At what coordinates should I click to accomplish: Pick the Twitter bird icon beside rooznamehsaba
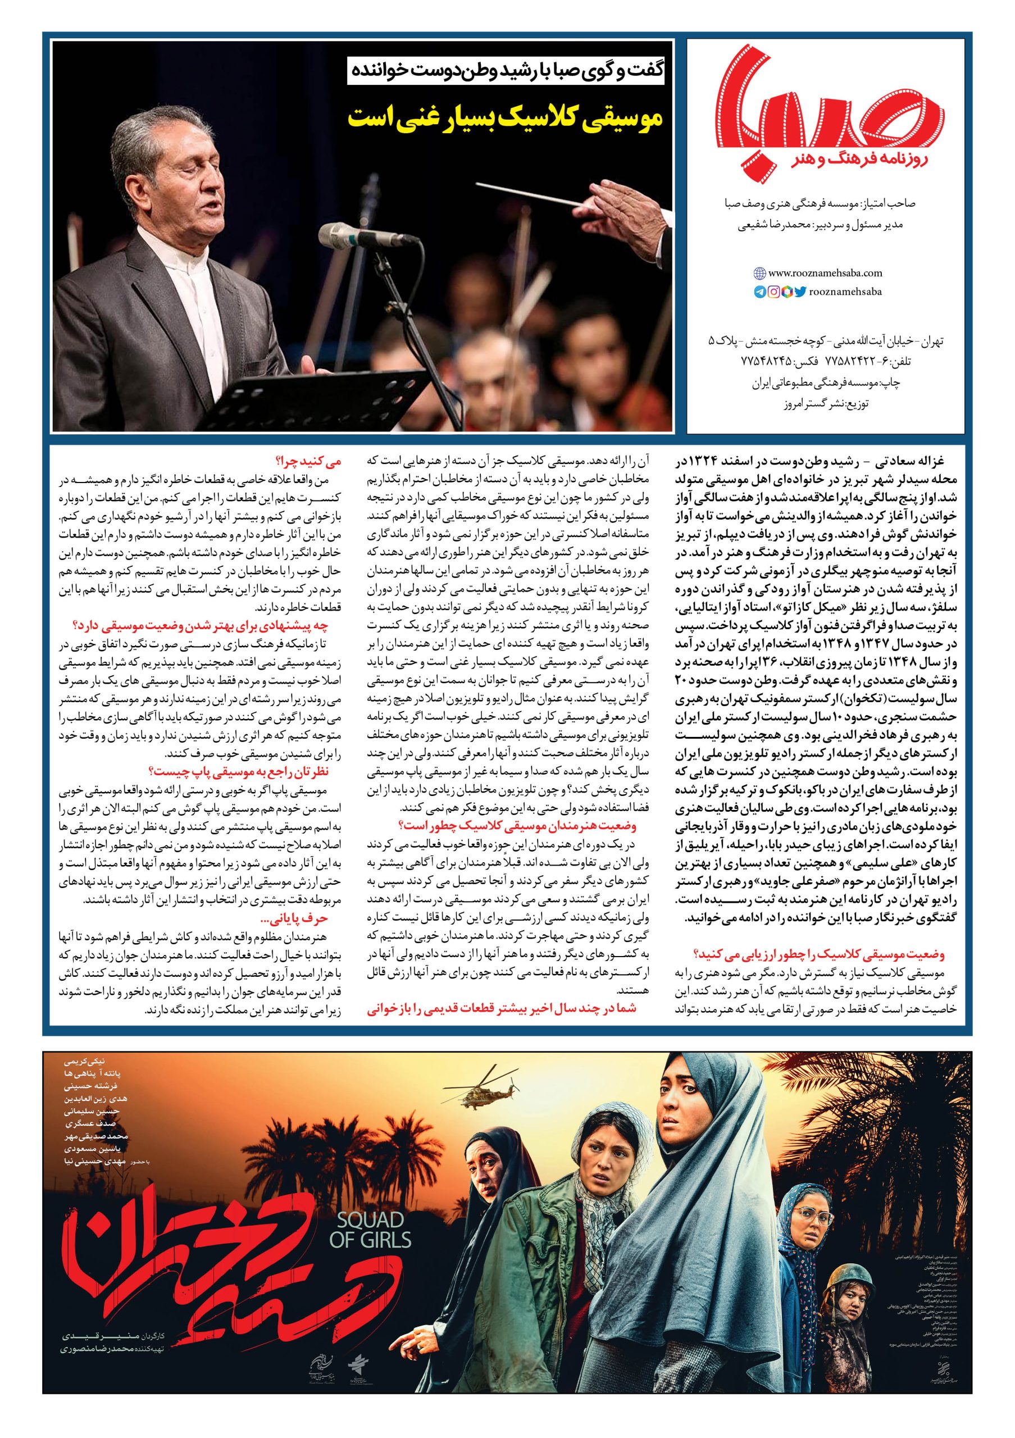[800, 291]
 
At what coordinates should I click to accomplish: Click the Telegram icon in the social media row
[759, 291]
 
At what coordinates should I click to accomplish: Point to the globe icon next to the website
[759, 273]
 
